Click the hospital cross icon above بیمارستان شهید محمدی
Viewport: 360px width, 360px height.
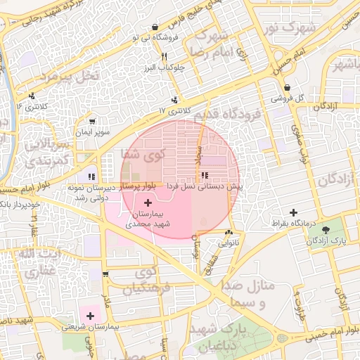147,202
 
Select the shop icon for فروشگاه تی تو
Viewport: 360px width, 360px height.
155,27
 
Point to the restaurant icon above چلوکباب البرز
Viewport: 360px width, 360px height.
163,56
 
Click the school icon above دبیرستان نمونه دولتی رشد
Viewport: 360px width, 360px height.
91,176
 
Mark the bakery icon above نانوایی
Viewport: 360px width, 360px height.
229,233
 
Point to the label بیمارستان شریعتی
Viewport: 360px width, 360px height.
91,327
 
